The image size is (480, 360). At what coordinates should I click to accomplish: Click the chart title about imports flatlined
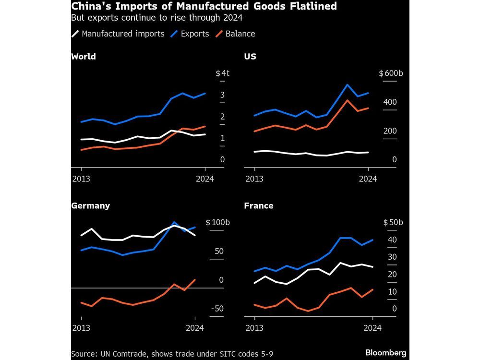(204, 7)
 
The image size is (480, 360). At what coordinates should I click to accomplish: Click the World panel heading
(84, 57)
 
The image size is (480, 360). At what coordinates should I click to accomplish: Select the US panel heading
(250, 57)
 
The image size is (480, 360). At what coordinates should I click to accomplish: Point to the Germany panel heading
(90, 205)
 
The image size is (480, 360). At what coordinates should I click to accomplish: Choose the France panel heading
(259, 205)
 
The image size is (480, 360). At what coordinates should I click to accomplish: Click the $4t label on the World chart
(223, 73)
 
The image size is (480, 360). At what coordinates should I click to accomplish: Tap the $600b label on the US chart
(391, 73)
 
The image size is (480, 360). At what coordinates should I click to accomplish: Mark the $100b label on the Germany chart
(218, 223)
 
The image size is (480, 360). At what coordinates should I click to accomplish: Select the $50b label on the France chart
(393, 223)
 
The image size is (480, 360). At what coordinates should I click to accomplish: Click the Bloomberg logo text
(386, 353)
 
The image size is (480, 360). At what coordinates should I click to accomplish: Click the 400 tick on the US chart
(390, 102)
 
